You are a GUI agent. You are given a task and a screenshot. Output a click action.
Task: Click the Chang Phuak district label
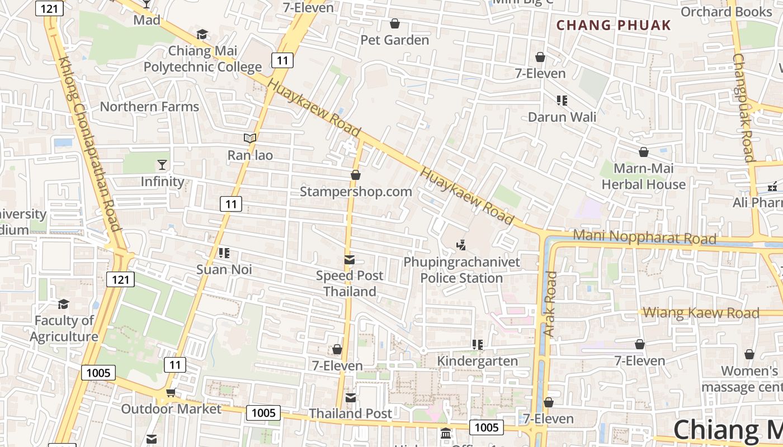(x=614, y=25)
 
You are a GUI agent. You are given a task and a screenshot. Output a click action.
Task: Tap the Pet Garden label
(x=394, y=40)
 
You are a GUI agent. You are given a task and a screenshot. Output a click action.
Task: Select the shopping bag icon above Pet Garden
(x=394, y=23)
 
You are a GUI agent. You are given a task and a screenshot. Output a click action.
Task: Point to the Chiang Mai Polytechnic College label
(x=202, y=59)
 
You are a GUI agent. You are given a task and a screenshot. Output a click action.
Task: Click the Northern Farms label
(x=149, y=107)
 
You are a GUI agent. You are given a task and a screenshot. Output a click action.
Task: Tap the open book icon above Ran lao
(x=250, y=138)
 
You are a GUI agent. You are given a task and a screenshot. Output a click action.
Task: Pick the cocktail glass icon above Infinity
(x=162, y=165)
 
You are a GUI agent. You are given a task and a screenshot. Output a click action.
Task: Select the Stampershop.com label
(x=356, y=192)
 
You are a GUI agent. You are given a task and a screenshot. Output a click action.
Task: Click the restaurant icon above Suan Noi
(x=224, y=253)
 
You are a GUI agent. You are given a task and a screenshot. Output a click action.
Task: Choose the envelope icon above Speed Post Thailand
(x=350, y=259)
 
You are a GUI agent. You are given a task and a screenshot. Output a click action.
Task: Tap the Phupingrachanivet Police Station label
(x=461, y=270)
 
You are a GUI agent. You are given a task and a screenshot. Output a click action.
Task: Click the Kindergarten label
(x=477, y=361)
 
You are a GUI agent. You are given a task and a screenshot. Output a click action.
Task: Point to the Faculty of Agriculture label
(x=64, y=329)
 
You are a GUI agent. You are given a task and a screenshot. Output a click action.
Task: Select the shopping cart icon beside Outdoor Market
(x=171, y=393)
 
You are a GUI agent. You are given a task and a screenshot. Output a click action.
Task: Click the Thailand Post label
(x=351, y=413)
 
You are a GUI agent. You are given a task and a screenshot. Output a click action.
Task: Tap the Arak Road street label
(x=550, y=304)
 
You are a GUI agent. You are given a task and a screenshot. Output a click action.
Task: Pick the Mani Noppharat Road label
(x=644, y=237)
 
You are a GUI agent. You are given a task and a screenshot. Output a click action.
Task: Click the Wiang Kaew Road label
(x=701, y=313)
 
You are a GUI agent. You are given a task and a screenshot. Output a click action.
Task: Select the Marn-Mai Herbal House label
(x=643, y=177)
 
